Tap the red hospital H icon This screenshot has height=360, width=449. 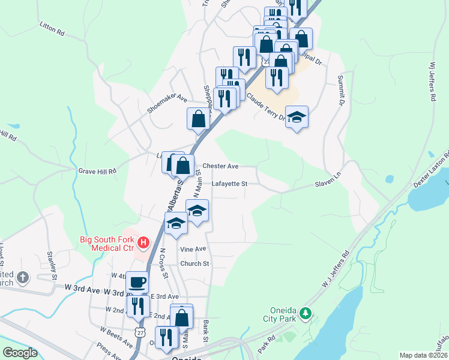click(x=143, y=243)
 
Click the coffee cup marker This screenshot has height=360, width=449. click(x=137, y=281)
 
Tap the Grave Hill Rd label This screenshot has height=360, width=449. click(x=97, y=171)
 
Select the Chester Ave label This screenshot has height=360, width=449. click(x=221, y=166)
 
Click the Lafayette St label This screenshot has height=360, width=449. click(x=229, y=184)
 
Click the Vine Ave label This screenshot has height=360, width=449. click(x=193, y=248)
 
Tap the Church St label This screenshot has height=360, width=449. click(x=194, y=263)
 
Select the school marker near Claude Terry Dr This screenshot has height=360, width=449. click(x=296, y=116)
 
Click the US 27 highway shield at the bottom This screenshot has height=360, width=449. click(x=140, y=332)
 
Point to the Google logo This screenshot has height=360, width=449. click(x=20, y=353)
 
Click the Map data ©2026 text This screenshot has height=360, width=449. click(x=423, y=355)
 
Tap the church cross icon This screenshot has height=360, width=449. click(x=23, y=277)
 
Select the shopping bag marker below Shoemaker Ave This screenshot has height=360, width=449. click(x=198, y=119)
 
